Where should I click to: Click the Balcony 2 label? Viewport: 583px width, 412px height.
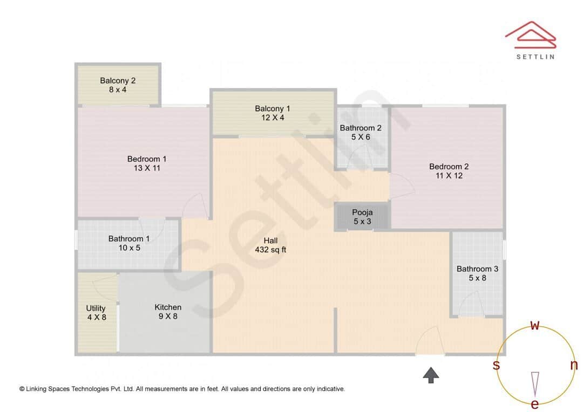point(118,81)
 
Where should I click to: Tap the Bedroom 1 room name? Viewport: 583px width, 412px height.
point(147,159)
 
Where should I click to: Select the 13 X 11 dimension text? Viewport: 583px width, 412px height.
point(147,168)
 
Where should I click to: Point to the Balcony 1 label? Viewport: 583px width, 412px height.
point(273,109)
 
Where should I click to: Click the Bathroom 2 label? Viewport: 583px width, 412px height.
point(361,128)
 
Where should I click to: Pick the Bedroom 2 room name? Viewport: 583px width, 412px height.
point(449,166)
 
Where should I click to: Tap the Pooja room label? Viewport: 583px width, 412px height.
point(362,212)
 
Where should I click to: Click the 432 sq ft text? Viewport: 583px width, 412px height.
point(270,250)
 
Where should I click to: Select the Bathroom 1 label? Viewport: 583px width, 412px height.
point(129,238)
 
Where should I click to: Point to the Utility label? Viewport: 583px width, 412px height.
point(96,308)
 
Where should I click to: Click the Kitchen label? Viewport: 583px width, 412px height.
point(168,307)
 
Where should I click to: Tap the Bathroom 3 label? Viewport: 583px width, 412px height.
point(477,269)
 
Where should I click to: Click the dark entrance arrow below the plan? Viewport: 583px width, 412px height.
point(431,375)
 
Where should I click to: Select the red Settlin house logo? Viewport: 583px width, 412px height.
point(530,33)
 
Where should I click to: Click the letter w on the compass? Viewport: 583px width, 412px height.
point(535,325)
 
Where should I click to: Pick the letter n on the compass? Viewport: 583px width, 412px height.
point(574,365)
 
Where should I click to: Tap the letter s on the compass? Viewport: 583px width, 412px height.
point(496,365)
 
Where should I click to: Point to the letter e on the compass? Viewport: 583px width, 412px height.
point(535,404)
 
